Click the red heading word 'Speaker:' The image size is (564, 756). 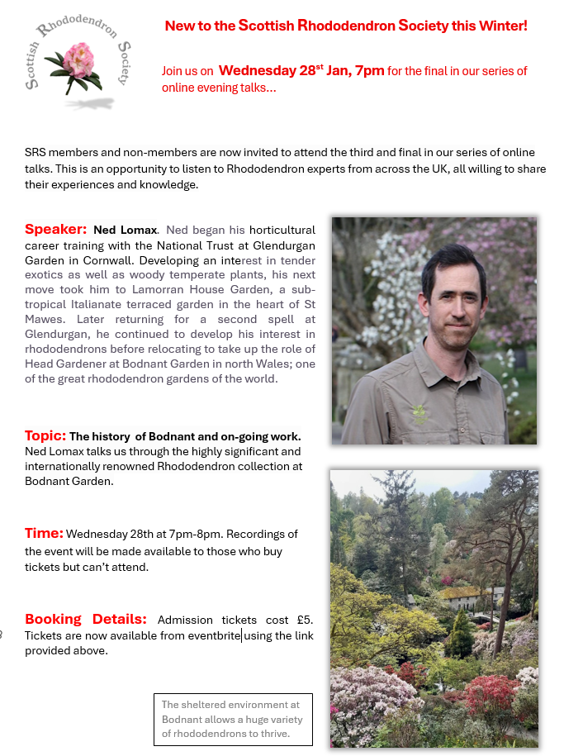pyautogui.click(x=55, y=229)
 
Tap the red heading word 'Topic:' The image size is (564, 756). pyautogui.click(x=45, y=435)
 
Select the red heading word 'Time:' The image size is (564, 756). pyautogui.click(x=44, y=533)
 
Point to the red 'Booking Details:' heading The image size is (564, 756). pyautogui.click(x=85, y=619)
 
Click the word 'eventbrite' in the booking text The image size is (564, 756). pyautogui.click(x=213, y=635)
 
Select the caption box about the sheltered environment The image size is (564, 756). pyautogui.click(x=233, y=719)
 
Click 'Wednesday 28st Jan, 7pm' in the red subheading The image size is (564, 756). pyautogui.click(x=301, y=70)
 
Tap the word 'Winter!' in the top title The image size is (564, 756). pyautogui.click(x=501, y=26)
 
